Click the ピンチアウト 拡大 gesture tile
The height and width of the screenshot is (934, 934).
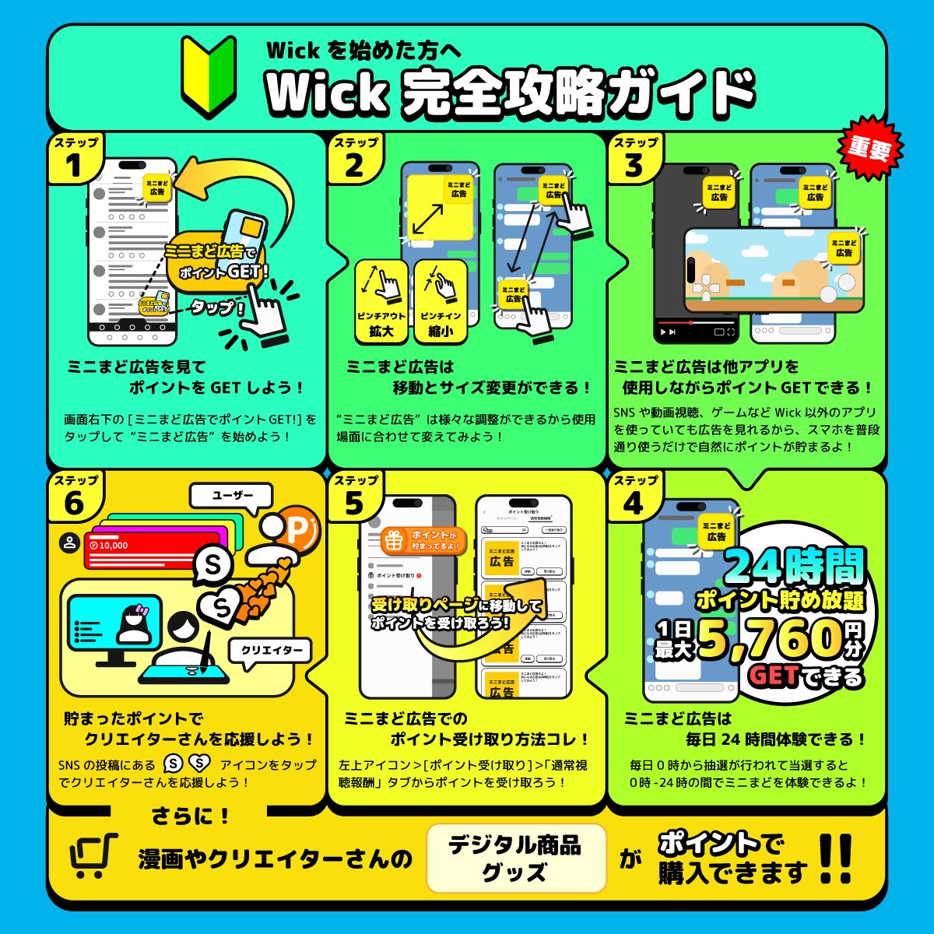pos(381,301)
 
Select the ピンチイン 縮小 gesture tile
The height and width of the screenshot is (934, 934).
pos(441,301)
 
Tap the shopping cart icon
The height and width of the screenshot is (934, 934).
pos(93,856)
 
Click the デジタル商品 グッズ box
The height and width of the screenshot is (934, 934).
pos(515,858)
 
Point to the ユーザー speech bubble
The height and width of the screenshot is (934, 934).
pos(232,495)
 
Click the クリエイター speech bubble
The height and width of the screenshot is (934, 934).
pos(270,650)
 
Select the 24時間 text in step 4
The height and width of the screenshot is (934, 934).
pos(794,567)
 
